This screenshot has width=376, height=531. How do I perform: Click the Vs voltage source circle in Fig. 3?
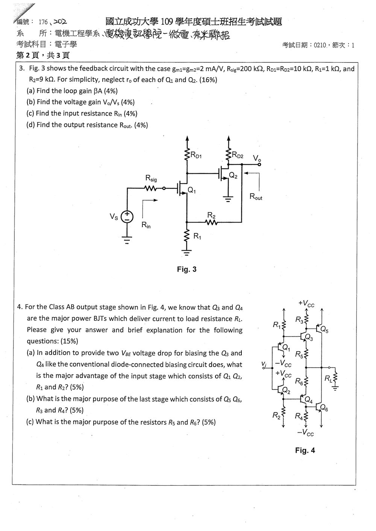127,217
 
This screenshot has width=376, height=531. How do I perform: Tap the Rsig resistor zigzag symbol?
150,188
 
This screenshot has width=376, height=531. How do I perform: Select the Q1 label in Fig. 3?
192,190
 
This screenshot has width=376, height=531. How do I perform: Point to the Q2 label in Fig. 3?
233,175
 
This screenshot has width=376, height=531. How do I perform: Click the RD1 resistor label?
196,155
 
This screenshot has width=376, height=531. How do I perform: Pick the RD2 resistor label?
238,155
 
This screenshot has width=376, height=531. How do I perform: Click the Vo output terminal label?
257,158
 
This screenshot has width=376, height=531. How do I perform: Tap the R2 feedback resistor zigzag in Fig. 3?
211,223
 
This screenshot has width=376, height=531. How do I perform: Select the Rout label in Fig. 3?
256,197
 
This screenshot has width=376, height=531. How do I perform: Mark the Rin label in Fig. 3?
146,225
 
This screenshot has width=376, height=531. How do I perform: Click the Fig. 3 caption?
187,269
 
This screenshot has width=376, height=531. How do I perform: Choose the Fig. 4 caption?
305,450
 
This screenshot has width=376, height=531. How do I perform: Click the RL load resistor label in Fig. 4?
329,378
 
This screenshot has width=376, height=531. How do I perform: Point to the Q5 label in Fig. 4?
324,329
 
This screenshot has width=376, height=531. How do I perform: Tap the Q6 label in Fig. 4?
324,408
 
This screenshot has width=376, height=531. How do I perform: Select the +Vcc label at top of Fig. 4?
306,304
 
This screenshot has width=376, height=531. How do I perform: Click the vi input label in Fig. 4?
264,364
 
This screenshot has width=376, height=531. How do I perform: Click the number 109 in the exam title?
166,22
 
